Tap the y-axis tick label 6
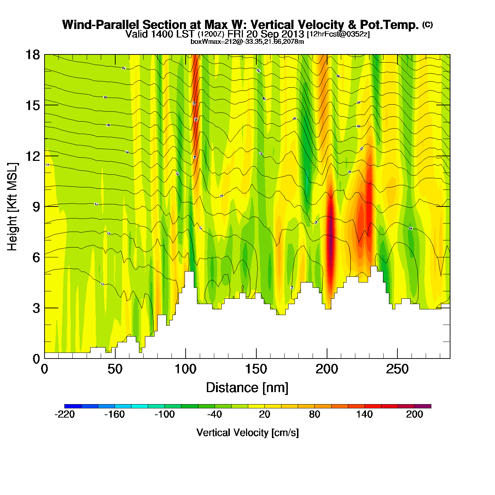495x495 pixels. tap(36, 257)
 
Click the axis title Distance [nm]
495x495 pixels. tap(247, 388)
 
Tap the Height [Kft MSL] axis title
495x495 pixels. tap(12, 207)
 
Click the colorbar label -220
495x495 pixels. tap(65, 414)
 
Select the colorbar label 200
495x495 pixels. tap(414, 414)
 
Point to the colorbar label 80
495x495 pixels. tap(314, 414)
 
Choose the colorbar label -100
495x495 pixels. tap(164, 414)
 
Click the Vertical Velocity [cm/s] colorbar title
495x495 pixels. tap(248, 432)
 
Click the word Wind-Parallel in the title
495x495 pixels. tap(101, 25)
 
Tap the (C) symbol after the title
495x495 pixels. tap(427, 24)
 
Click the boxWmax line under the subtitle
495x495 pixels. tap(247, 41)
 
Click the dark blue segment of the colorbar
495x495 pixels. tap(73, 406)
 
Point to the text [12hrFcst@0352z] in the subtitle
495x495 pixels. tap(338, 34)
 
